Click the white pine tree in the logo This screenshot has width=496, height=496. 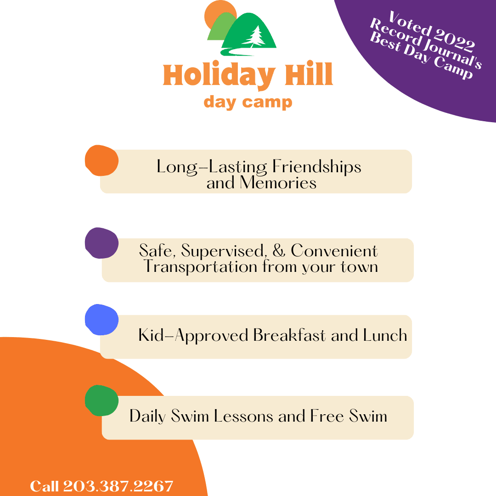click(256, 36)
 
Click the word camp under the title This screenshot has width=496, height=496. click(267, 102)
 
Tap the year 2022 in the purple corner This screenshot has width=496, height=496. click(454, 39)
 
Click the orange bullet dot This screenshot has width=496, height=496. click(101, 160)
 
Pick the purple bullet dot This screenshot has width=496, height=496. click(101, 243)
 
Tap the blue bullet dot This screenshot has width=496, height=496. click(101, 320)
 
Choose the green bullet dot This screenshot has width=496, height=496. click(101, 400)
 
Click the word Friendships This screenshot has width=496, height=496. click(316, 167)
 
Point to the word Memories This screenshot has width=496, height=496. click(278, 182)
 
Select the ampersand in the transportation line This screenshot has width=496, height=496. click(279, 251)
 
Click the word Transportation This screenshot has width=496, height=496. click(201, 266)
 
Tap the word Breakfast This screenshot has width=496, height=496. click(289, 335)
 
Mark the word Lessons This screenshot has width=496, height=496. click(243, 416)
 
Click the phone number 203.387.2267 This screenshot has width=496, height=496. click(118, 486)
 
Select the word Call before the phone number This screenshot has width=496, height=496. click(44, 486)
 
